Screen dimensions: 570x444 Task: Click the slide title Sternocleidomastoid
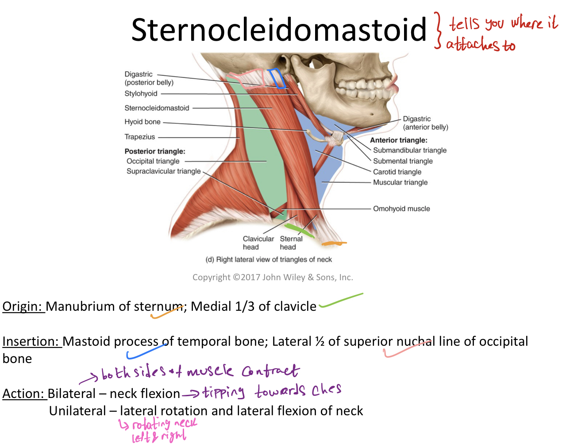coord(279,30)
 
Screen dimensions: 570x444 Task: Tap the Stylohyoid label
coord(141,93)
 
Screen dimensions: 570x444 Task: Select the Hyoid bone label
coord(142,122)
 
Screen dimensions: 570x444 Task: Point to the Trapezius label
coord(140,137)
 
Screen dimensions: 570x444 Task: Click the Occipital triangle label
coord(153,161)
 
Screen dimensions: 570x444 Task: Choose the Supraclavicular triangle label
coord(163,171)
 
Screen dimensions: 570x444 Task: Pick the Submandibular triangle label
coord(410,150)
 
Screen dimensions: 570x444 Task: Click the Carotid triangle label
coord(397,172)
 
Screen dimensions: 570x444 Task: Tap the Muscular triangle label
coord(400,182)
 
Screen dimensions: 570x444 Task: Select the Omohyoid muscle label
coord(401,208)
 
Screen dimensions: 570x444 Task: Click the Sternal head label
coord(291,243)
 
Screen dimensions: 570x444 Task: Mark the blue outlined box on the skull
coord(277,78)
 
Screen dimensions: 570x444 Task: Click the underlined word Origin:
coord(23,306)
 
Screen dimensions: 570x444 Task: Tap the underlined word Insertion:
coord(31,341)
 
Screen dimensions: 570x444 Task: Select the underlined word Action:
coord(24,394)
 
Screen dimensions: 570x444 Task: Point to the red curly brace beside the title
coord(438,30)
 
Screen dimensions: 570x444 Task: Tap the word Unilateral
coord(77,411)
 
